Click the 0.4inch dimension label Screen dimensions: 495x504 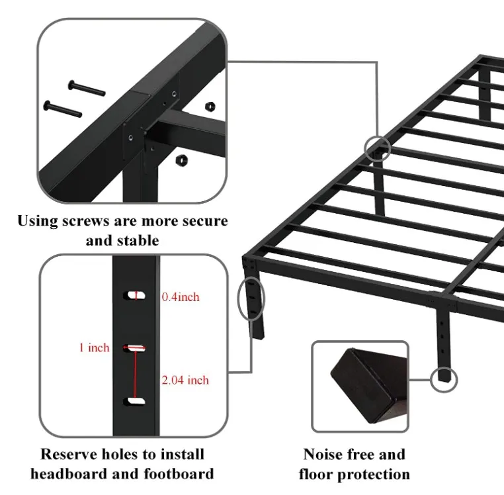181,297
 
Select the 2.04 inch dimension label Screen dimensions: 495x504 185,380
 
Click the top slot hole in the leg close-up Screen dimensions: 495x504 136,296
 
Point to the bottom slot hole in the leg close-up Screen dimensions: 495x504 136,400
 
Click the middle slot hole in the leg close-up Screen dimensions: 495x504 136,347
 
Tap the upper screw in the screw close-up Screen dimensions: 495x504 85,87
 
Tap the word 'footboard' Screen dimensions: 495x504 177,474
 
